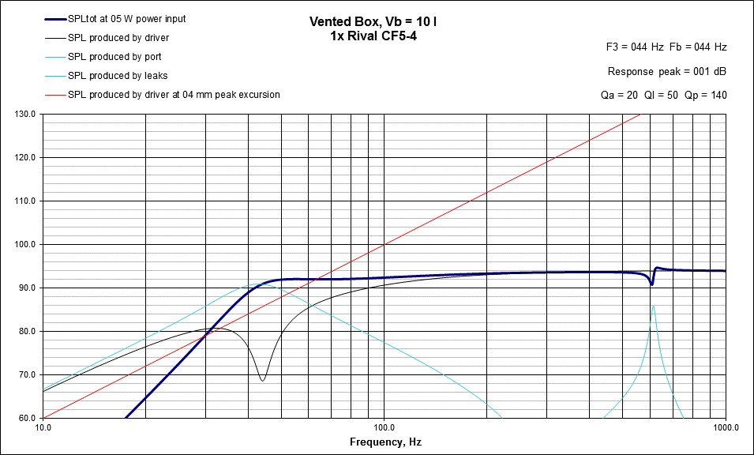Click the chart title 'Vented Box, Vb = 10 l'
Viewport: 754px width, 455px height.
pos(373,22)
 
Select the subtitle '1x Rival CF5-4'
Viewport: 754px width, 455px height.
pos(373,36)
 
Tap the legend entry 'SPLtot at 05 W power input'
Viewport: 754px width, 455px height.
pos(127,18)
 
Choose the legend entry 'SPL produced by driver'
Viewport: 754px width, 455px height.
pos(118,37)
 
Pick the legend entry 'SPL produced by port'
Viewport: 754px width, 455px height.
pos(115,57)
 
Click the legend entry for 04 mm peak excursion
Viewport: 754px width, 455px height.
pos(174,95)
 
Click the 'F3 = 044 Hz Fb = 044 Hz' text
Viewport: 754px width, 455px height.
pos(666,47)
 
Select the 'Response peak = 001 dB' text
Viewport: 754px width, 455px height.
pos(667,72)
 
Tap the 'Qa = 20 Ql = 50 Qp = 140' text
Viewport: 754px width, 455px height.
pos(664,95)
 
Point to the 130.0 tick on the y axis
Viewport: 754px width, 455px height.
pos(25,114)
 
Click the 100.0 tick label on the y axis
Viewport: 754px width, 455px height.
pos(25,244)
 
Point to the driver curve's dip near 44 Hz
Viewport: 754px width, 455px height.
pos(263,380)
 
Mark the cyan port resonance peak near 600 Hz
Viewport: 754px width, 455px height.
pos(653,306)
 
